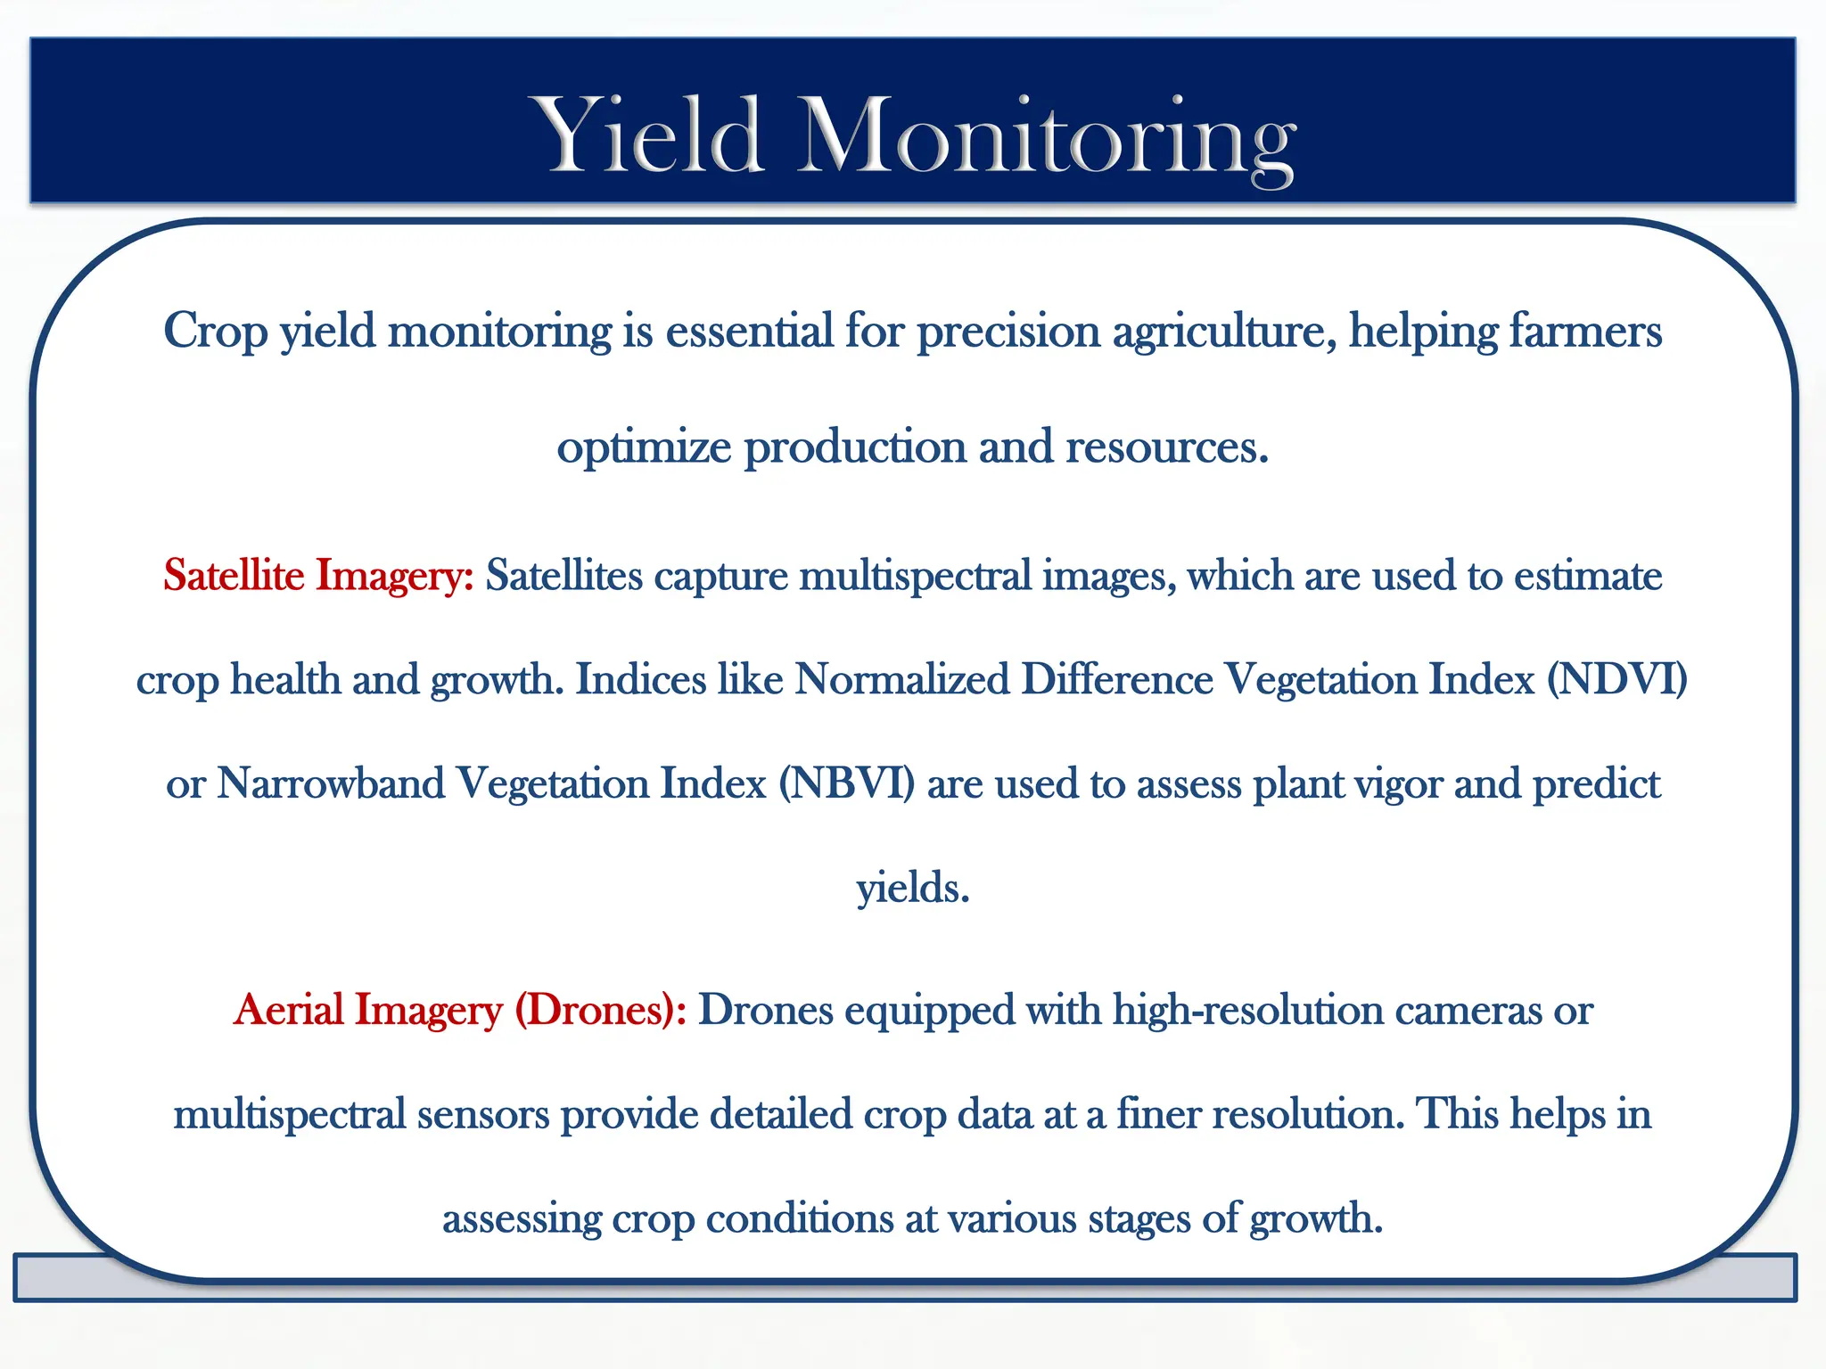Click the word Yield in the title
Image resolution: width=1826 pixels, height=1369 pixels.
pos(648,135)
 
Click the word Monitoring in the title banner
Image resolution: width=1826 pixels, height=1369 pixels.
pos(1046,138)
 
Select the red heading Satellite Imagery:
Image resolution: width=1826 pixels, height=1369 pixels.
pos(318,575)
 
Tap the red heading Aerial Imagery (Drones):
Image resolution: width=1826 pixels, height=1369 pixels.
pos(459,1010)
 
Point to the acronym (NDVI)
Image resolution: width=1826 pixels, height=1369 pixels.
pos(1616,679)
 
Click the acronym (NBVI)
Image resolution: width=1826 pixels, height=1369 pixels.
pos(846,783)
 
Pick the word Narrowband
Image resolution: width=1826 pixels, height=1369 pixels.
pos(331,783)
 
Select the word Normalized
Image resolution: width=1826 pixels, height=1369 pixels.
pos(901,679)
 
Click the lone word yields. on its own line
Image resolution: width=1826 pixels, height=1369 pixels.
pos(912,888)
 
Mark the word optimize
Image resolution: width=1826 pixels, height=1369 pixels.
pos(644,447)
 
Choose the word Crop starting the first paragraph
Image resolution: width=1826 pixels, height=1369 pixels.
pos(216,332)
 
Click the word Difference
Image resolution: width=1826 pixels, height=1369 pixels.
pos(1117,679)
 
